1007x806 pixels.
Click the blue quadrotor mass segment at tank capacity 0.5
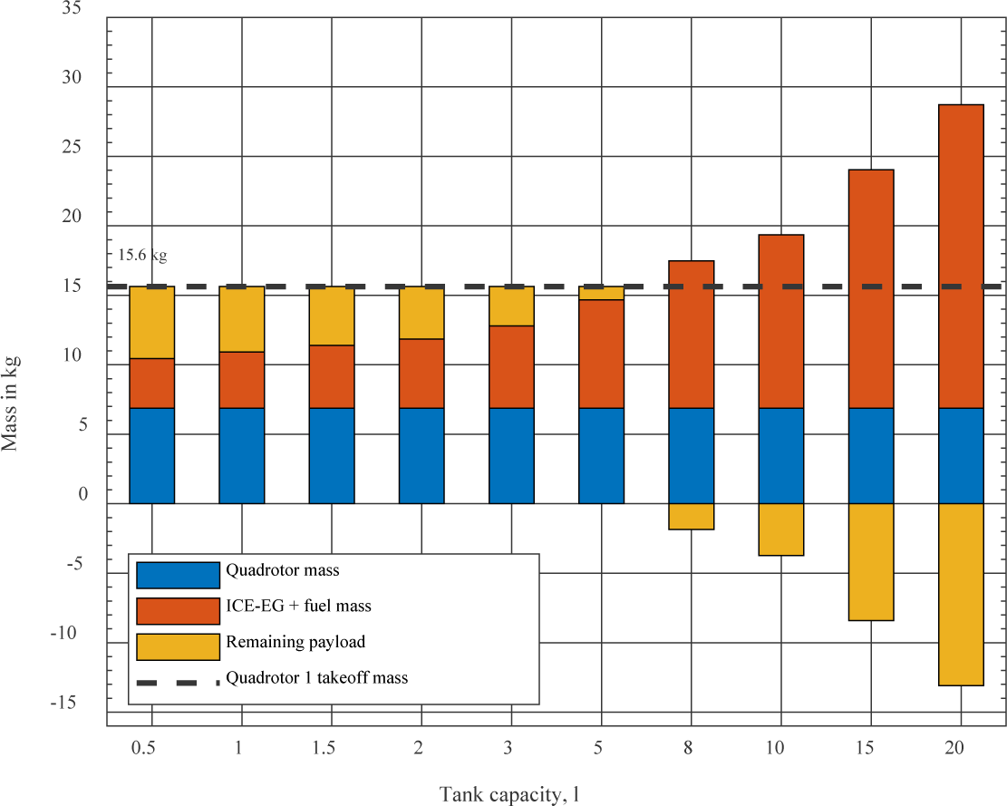coord(151,455)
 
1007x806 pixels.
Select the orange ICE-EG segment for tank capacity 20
coord(961,256)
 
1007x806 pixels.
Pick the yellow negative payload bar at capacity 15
coord(871,561)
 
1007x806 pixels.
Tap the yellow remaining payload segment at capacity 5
coord(601,294)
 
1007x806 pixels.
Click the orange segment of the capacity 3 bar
coord(511,366)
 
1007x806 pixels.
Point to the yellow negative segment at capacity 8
coord(691,516)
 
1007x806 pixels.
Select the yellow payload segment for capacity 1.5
coord(332,316)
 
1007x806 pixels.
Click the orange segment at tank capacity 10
coord(780,321)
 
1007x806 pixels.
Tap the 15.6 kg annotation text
coord(142,256)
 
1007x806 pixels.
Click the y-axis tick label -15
coord(67,703)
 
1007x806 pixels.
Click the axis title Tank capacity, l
coord(509,795)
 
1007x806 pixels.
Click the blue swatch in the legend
coord(178,575)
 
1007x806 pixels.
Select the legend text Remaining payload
coord(295,642)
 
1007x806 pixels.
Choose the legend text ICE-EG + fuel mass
coord(298,606)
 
